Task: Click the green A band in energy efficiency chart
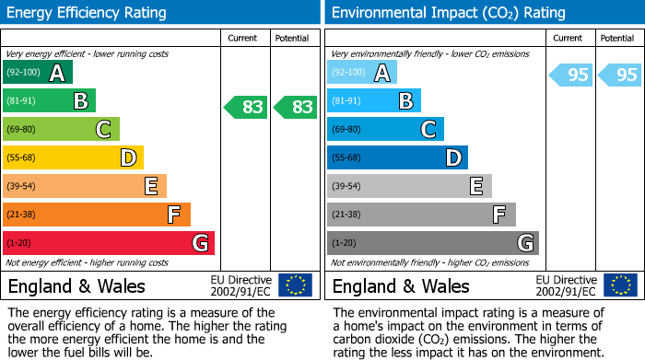tap(38, 73)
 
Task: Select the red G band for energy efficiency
tap(109, 243)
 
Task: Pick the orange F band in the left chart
tap(97, 215)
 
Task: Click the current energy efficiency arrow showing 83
tap(246, 107)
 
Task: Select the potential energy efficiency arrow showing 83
tap(296, 107)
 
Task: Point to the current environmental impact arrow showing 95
tap(570, 75)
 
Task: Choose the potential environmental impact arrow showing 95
tap(619, 75)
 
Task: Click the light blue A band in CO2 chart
tap(362, 73)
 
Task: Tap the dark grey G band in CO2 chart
tap(433, 243)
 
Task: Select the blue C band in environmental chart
tap(385, 129)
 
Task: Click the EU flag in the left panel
tap(295, 285)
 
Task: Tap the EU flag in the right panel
tap(619, 285)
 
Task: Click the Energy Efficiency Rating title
tap(88, 13)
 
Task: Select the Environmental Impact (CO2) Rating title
tap(448, 13)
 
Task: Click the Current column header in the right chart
tap(569, 38)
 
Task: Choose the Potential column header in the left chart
tap(294, 38)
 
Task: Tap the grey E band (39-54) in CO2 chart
tap(409, 186)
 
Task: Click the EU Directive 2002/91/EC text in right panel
tap(566, 285)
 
